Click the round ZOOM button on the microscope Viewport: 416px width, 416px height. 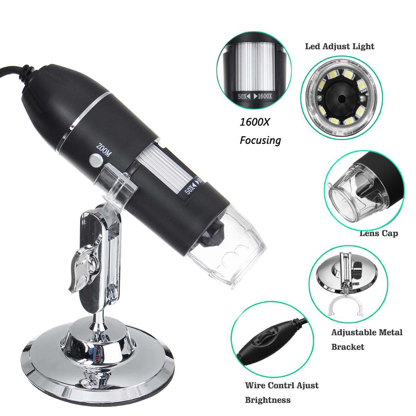click(95, 160)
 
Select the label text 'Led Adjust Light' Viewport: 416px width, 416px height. click(339, 46)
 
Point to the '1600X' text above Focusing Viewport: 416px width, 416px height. click(255, 122)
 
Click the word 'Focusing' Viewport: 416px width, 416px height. click(260, 140)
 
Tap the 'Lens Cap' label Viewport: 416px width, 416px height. click(379, 233)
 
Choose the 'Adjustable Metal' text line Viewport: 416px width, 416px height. click(367, 332)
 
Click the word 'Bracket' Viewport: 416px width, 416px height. click(348, 347)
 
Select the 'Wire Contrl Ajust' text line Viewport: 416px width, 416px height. click(281, 385)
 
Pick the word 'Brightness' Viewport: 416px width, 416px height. click(268, 400)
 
